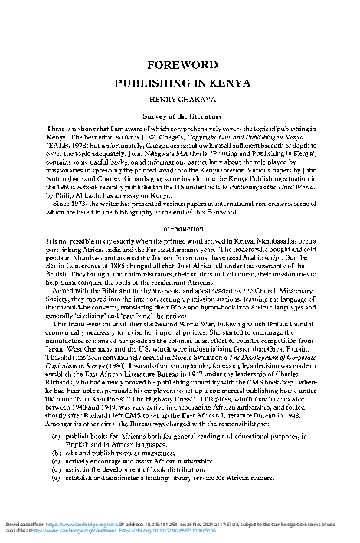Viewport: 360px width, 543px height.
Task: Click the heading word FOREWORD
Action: coord(180,65)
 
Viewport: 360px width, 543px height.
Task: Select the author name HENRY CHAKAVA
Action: coord(180,98)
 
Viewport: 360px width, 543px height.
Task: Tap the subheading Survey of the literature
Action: coord(180,113)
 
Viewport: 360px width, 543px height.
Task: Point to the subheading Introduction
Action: coord(180,229)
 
